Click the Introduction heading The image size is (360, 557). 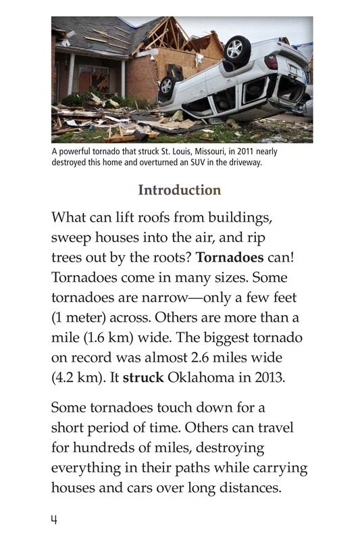[179, 190]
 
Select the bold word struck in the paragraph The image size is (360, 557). [143, 377]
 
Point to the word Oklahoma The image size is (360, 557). [201, 377]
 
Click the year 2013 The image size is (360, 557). [269, 377]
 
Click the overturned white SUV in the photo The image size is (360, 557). [233, 78]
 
